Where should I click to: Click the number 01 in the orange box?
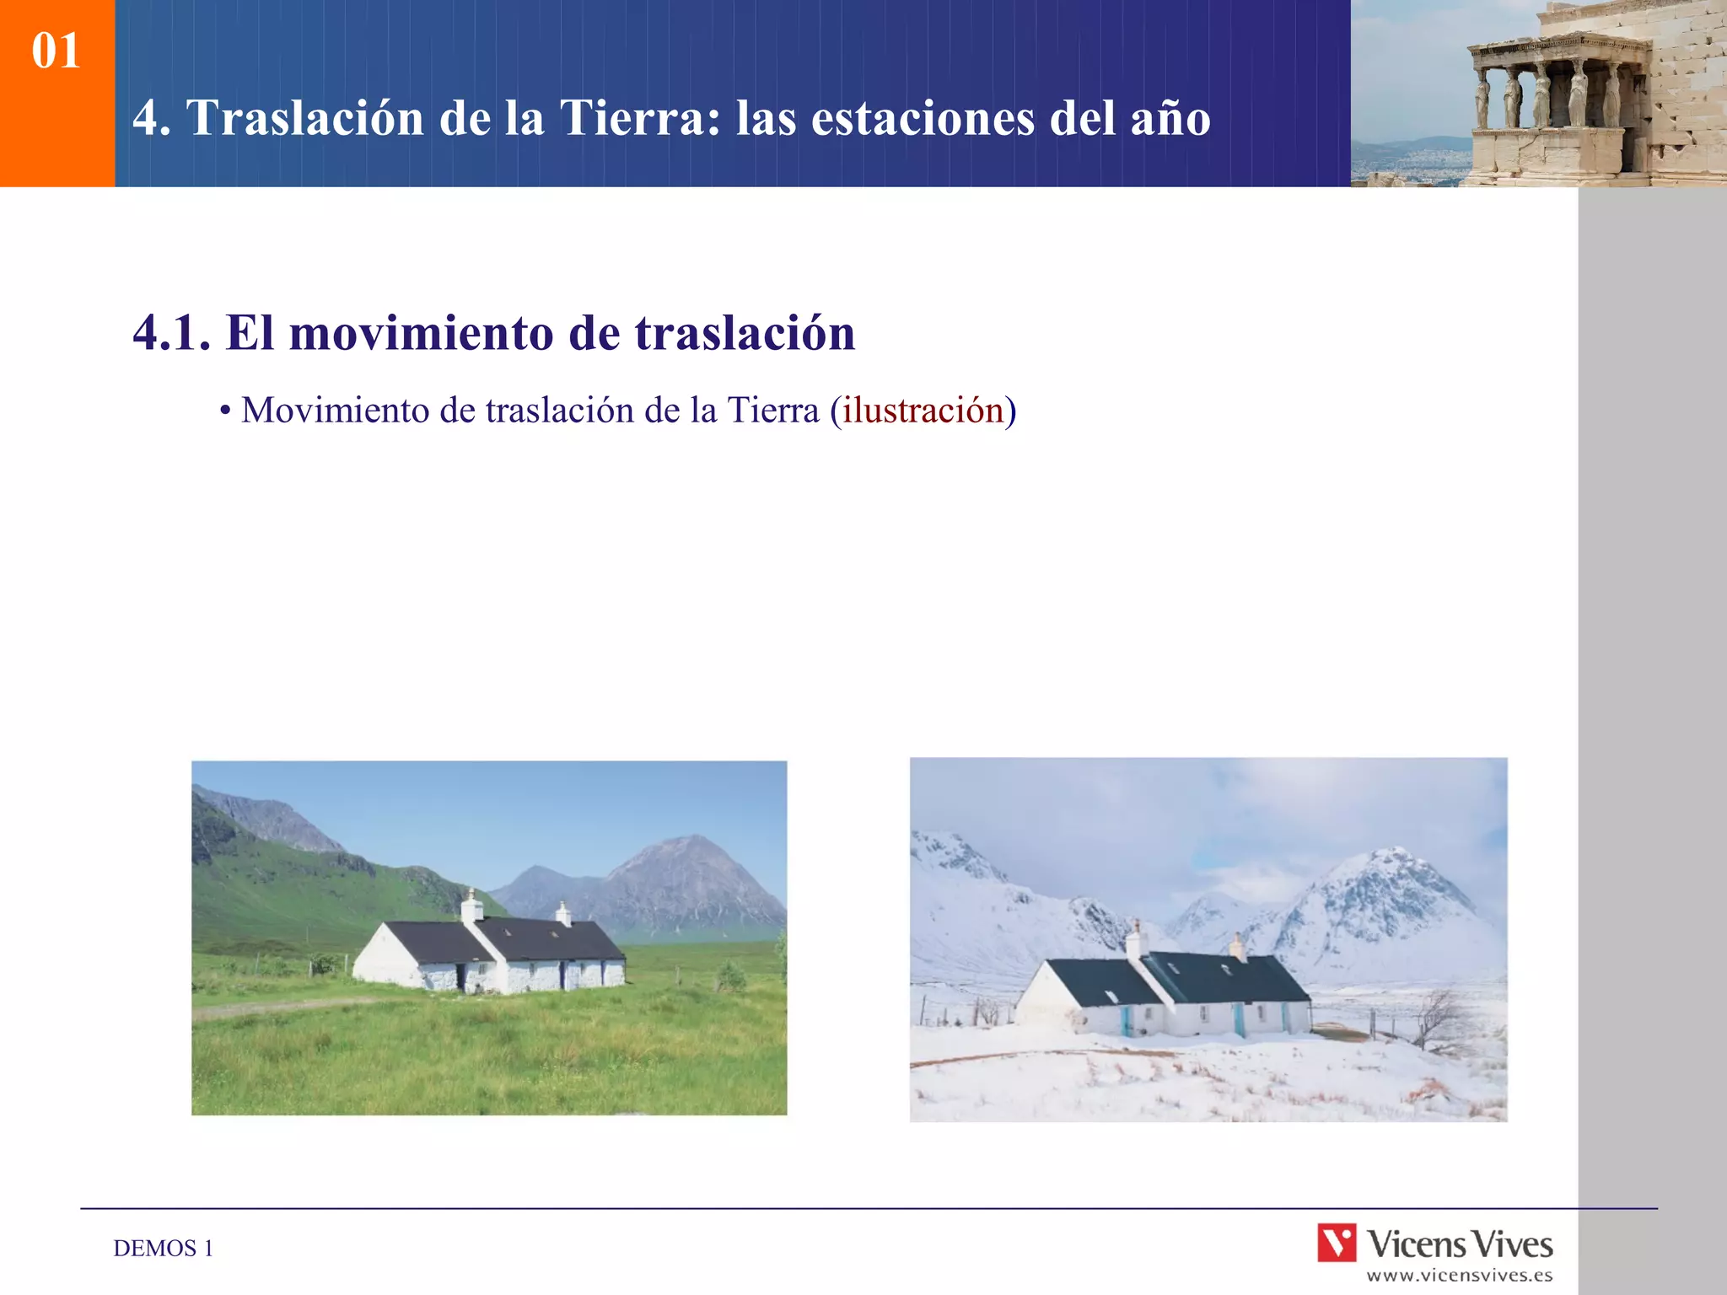click(x=56, y=51)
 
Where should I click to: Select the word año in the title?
click(x=1170, y=120)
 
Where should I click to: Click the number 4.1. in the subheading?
click(x=172, y=333)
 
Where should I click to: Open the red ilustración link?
click(x=923, y=411)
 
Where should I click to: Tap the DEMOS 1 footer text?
click(x=164, y=1249)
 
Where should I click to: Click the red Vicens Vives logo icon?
click(x=1337, y=1244)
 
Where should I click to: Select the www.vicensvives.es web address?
click(x=1460, y=1276)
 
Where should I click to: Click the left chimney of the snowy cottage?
click(x=1136, y=939)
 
